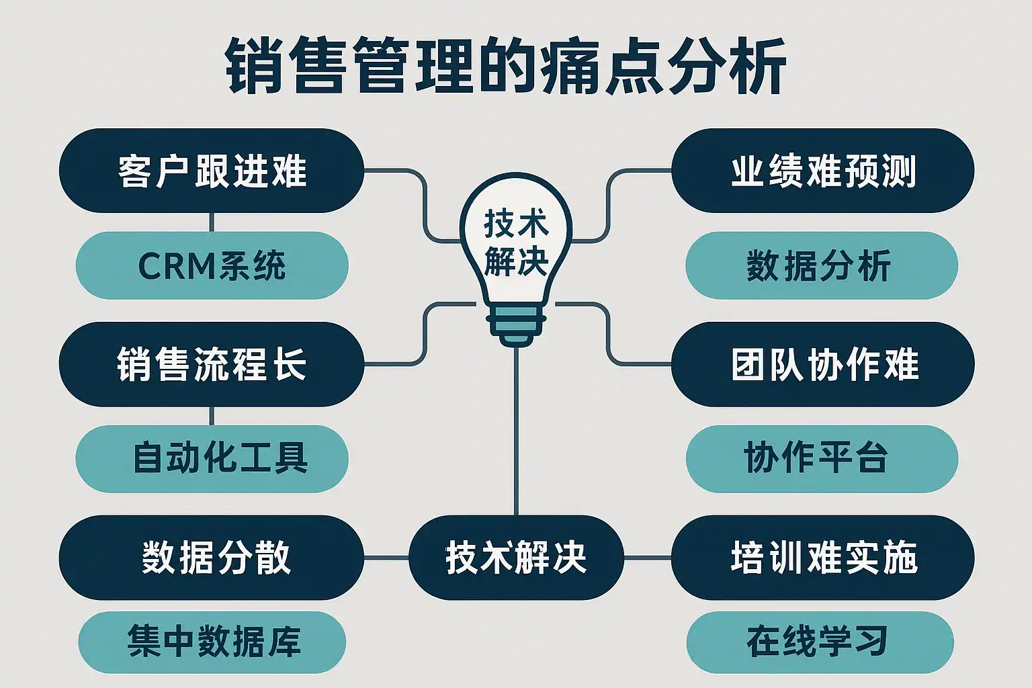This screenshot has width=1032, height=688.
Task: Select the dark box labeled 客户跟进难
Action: pos(212,171)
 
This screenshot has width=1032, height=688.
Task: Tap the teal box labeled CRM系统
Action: pos(212,265)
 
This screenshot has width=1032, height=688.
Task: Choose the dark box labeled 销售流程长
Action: pos(212,364)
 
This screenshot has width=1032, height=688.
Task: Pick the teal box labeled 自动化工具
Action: pos(212,458)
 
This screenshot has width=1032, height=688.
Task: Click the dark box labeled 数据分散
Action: pos(212,558)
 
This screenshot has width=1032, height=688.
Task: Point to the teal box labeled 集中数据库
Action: pos(212,642)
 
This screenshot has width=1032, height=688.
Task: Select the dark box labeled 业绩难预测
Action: pos(822,171)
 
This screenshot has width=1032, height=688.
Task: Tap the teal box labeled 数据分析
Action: pos(821,265)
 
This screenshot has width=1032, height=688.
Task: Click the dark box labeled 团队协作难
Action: pos(822,364)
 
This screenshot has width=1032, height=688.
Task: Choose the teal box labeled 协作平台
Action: pos(821,458)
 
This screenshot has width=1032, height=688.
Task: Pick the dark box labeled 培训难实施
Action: pos(822,558)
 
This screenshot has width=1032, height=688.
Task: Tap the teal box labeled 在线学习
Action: pos(820,642)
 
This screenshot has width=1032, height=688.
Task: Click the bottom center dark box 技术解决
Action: pos(516,558)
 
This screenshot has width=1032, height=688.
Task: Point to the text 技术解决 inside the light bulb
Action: pos(516,243)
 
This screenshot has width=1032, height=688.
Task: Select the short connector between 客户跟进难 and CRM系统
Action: pos(212,222)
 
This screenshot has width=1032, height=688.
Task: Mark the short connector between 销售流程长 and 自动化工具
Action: pos(212,416)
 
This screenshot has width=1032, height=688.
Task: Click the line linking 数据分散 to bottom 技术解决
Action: pos(386,558)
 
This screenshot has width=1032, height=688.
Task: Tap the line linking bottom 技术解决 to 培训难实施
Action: pos(647,558)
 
